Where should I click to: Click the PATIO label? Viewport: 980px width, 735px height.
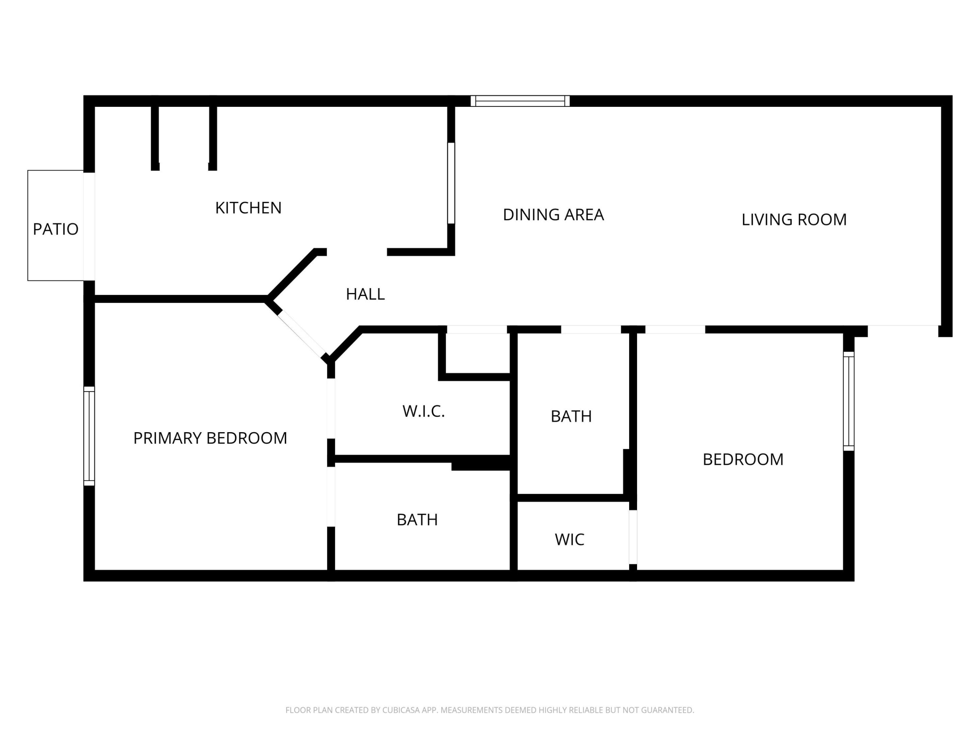(55, 229)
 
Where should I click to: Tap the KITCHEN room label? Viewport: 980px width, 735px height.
(248, 208)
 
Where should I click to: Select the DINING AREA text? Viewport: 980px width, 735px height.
(553, 215)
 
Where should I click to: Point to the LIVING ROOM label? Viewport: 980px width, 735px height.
(794, 220)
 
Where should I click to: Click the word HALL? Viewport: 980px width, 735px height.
(365, 294)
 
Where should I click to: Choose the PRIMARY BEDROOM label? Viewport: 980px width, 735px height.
(210, 438)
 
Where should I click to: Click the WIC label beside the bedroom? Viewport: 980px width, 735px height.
(569, 540)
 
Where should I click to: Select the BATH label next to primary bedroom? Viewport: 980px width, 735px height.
(417, 520)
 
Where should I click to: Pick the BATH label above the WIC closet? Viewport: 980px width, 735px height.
(571, 416)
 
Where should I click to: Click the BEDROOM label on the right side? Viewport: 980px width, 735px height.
(743, 459)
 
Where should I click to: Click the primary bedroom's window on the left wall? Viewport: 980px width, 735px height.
(89, 436)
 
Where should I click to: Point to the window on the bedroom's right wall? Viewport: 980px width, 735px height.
(848, 401)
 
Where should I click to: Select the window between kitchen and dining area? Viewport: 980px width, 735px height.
(451, 183)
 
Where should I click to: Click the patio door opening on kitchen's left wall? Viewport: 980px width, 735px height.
(89, 226)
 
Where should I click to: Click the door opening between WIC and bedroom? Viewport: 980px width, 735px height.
(633, 537)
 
